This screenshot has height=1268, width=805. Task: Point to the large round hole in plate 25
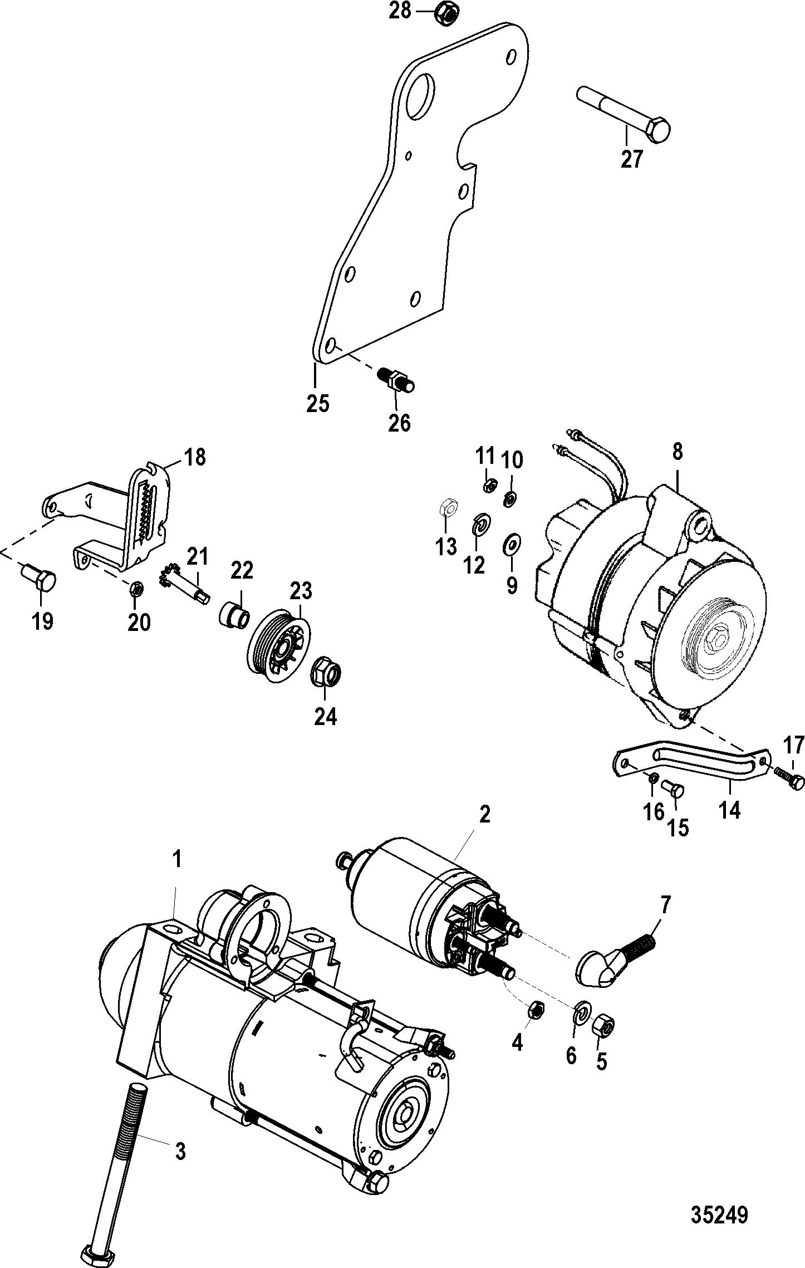coord(419,96)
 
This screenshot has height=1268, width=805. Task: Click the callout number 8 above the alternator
coord(676,452)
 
